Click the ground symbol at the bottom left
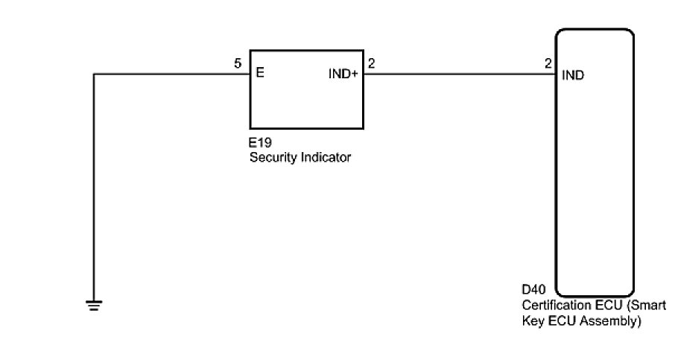[94, 304]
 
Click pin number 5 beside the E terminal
[238, 64]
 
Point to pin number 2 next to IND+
[371, 64]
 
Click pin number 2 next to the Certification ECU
[548, 64]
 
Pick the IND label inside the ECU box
[573, 75]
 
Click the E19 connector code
[261, 145]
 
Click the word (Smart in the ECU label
[648, 305]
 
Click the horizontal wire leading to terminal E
[171, 74]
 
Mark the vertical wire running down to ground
[94, 186]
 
